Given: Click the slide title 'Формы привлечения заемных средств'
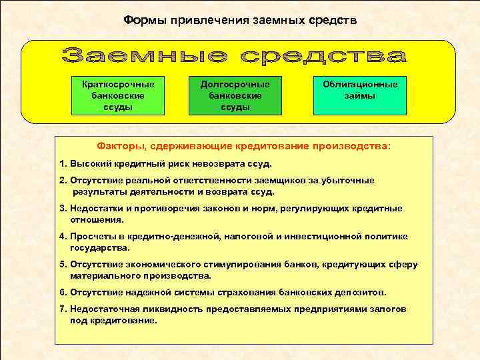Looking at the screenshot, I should tap(240, 21).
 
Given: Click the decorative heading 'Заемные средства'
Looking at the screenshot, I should tap(235, 56).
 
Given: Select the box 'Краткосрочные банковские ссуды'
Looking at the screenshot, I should tap(122, 96).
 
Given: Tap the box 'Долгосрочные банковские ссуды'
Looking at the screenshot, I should tap(235, 96).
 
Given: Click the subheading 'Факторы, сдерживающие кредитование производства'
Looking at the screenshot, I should tap(244, 146).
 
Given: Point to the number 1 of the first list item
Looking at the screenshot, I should tap(62, 163).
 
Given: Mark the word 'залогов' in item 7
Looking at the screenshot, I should tap(389, 310).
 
